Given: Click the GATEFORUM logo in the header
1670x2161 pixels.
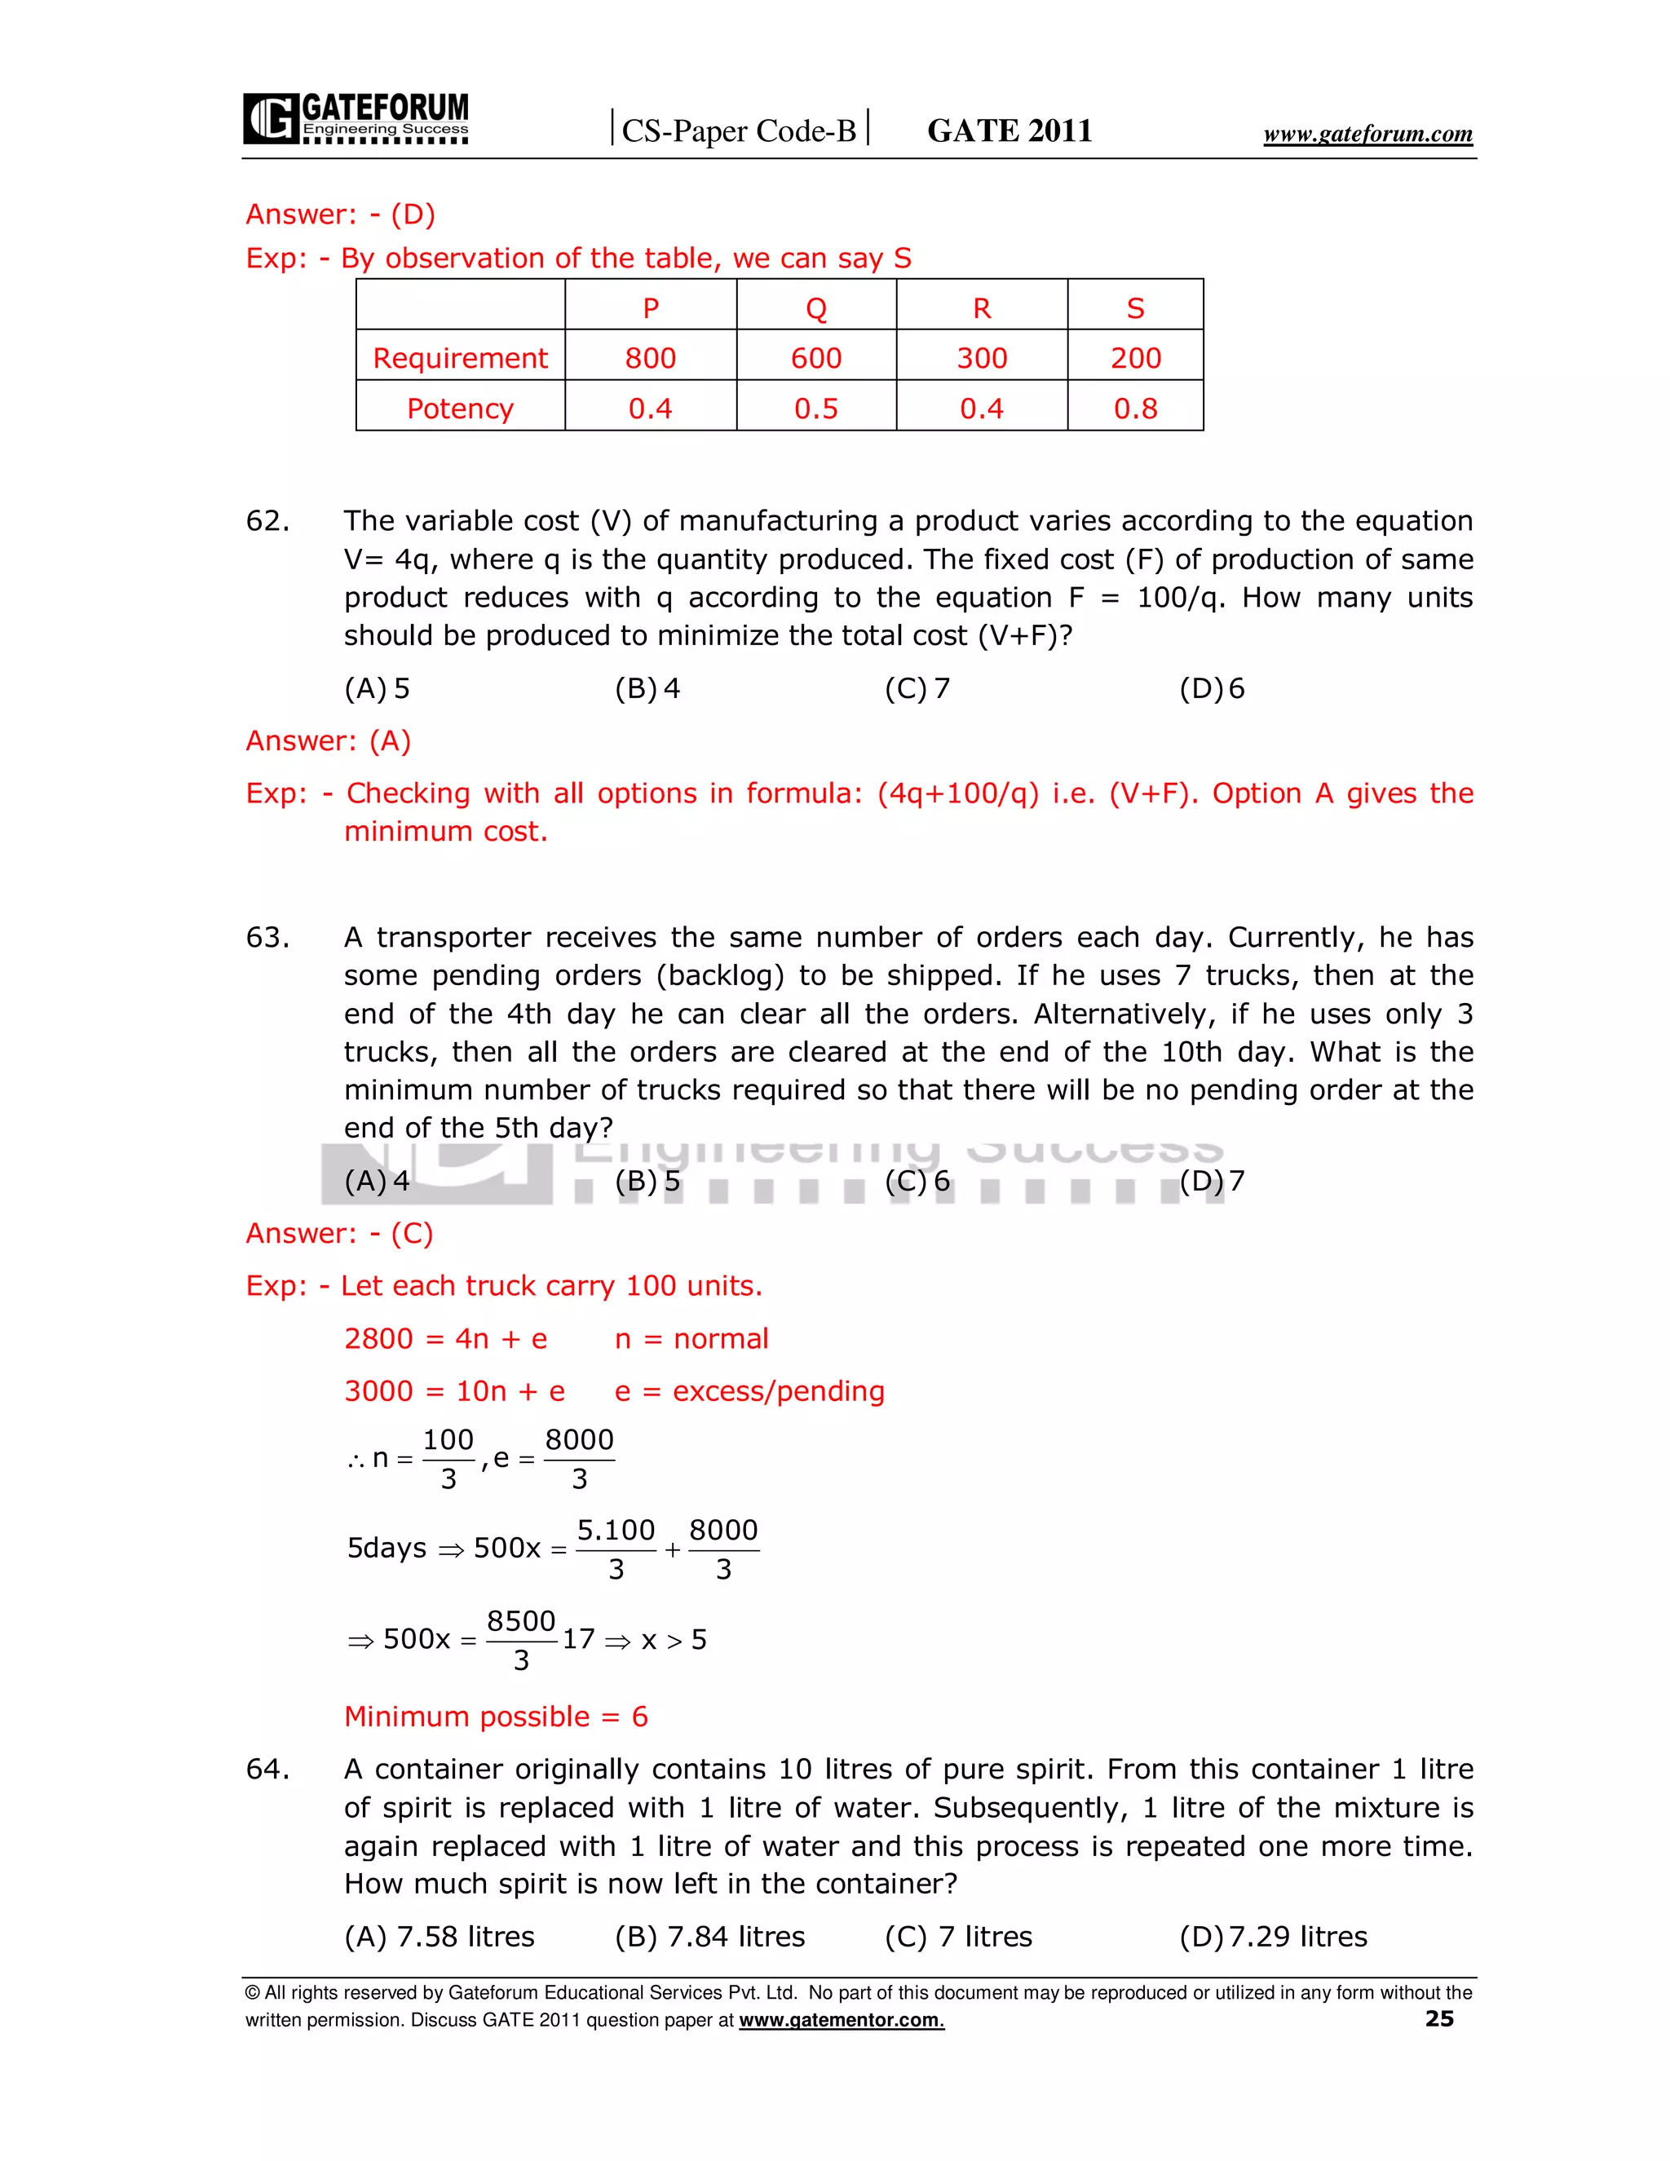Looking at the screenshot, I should (356, 119).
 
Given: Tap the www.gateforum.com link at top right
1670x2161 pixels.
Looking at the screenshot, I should (1367, 134).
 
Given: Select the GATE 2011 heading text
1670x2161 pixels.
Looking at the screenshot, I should (1010, 130).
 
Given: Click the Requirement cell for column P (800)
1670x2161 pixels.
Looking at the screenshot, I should (650, 357).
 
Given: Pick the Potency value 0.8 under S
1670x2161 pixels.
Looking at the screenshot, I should (1135, 408).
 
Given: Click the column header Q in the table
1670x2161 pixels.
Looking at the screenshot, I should (815, 307).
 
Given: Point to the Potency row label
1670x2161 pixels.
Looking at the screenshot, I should (460, 408).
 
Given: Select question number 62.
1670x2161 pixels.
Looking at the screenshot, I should (267, 520).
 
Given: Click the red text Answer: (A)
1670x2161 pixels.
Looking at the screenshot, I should (328, 740).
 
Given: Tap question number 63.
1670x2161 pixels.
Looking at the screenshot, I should (267, 937).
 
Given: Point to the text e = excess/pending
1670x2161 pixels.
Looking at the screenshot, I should (749, 1390).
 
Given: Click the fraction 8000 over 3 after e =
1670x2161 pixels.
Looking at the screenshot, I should (579, 1459).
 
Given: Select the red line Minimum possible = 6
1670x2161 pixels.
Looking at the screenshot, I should (496, 1716).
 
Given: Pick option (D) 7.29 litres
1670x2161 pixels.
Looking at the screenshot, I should (1272, 1937).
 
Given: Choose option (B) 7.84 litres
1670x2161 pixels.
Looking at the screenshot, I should (709, 1937).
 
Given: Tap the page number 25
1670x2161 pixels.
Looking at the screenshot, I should (1438, 2018).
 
